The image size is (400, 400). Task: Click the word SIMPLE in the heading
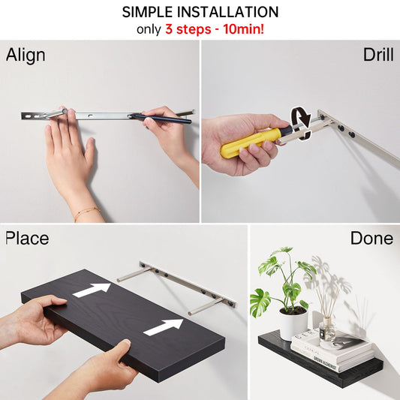tap(147, 12)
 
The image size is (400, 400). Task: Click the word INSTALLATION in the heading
tap(227, 12)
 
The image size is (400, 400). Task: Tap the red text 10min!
tap(244, 29)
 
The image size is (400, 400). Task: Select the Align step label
tap(26, 56)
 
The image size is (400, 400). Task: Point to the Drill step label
tap(378, 55)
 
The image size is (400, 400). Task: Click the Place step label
tap(27, 238)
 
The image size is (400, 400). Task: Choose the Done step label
tap(371, 238)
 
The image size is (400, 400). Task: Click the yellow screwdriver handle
tap(253, 142)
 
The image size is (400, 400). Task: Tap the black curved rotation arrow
tap(302, 124)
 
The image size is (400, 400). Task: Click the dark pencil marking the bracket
tap(161, 119)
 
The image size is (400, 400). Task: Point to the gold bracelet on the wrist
tap(87, 212)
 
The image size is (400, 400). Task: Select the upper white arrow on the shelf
tap(92, 290)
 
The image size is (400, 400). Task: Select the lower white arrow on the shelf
tap(164, 327)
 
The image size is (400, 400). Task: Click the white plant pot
tap(293, 323)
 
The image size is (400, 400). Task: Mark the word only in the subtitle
tap(149, 29)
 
